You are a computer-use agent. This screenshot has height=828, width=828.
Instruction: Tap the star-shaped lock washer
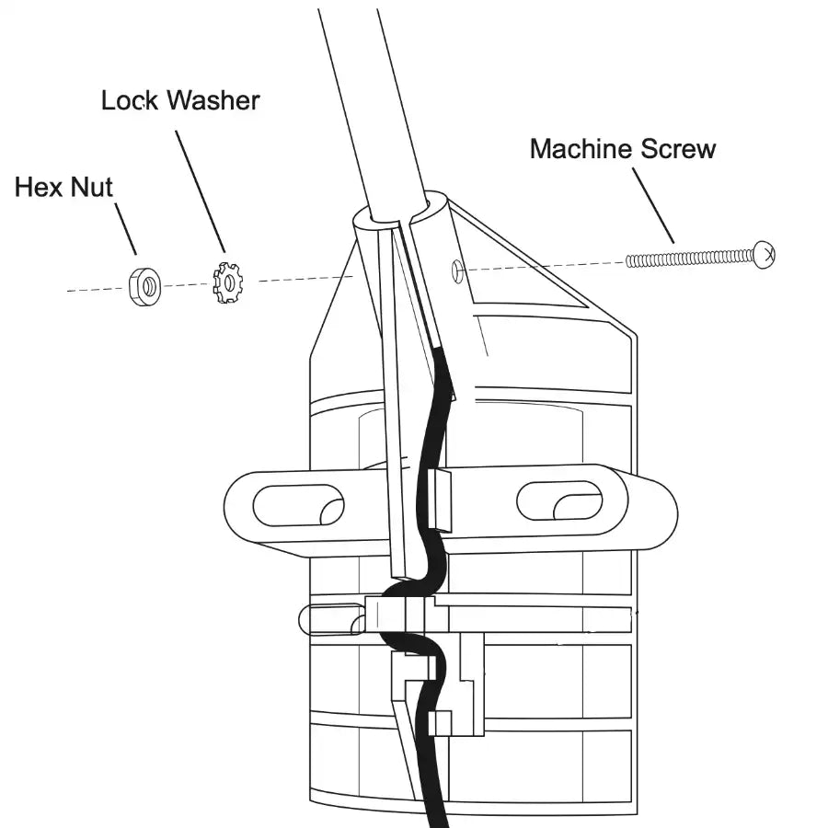(x=225, y=282)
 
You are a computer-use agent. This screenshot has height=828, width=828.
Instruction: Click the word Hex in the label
(x=38, y=188)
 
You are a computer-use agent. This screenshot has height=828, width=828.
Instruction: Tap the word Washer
(x=213, y=100)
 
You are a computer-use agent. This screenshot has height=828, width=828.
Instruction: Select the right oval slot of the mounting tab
(x=559, y=500)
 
